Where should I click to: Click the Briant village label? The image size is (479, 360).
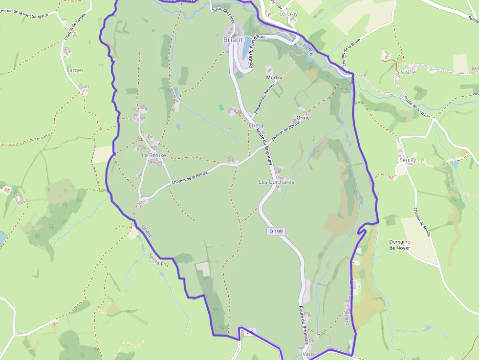coord(233,40)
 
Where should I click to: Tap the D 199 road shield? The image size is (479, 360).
coord(276,231)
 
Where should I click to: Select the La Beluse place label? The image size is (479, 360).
coord(154,155)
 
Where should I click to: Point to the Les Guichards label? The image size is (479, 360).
coord(277,182)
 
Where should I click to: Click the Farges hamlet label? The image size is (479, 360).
coord(75,70)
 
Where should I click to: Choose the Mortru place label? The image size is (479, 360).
coord(274,78)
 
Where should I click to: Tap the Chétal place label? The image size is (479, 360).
coord(256,126)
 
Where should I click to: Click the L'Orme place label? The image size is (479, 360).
coord(301,118)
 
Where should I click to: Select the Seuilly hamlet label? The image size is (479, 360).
coord(408,160)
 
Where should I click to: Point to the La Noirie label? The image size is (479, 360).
coord(404,72)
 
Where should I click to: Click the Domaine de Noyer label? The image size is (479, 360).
coord(399,245)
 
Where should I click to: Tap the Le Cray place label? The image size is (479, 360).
coord(288,14)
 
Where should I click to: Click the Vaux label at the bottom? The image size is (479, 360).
coord(308,354)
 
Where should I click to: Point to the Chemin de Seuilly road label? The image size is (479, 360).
coord(422,223)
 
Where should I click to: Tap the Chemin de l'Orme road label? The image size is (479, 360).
coord(285,131)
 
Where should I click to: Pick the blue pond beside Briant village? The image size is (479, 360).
coord(247,42)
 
